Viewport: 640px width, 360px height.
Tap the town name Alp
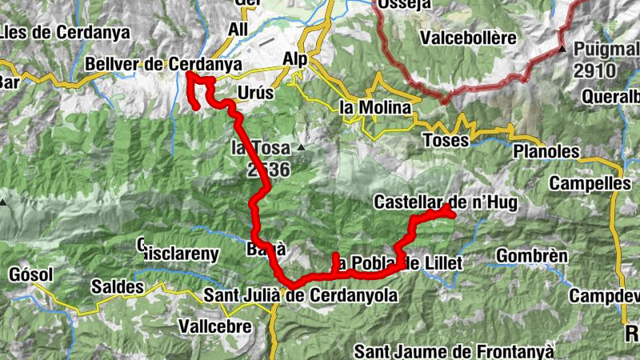point(295,58)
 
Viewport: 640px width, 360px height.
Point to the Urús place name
point(255,93)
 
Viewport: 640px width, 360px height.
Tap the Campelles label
point(590,183)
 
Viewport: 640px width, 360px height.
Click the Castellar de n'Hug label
point(446,204)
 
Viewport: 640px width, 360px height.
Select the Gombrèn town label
point(532,256)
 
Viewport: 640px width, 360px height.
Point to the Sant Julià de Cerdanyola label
point(301,296)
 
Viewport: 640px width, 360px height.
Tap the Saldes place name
point(117,286)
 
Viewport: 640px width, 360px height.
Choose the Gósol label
point(30,275)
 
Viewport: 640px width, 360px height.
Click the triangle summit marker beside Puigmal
point(562,49)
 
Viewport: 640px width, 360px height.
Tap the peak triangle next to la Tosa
point(301,148)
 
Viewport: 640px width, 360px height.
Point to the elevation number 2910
point(594,70)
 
